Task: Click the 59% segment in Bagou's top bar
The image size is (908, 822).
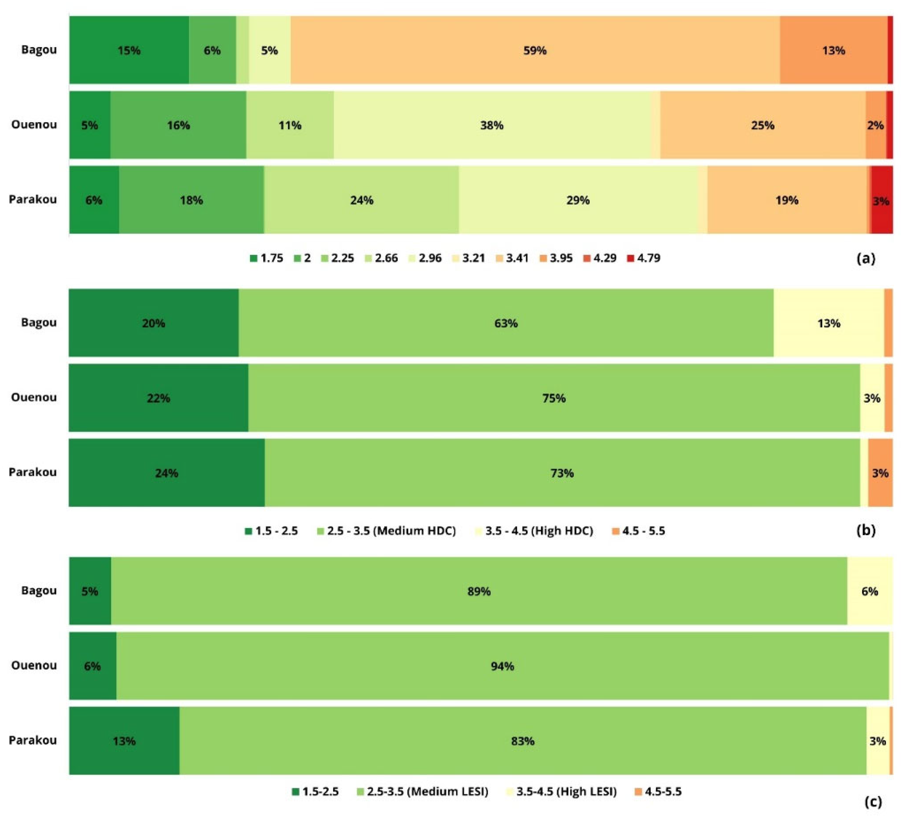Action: [535, 50]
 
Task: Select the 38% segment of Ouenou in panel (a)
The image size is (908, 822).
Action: [492, 125]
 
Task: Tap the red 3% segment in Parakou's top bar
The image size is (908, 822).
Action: [881, 200]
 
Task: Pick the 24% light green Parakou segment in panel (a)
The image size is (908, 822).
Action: [361, 200]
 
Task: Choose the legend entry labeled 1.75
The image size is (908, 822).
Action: [267, 258]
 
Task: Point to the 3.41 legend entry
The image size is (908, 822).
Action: [512, 258]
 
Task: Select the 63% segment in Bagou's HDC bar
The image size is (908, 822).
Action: [506, 323]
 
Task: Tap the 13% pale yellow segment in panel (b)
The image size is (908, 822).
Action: [829, 323]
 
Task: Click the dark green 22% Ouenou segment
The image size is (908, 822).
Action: [158, 398]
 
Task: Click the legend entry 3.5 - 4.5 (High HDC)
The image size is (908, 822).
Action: [534, 531]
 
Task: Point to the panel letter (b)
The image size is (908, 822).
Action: [866, 530]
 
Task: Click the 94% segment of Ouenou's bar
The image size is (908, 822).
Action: [502, 666]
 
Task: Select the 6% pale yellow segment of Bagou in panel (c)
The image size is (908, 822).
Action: [869, 591]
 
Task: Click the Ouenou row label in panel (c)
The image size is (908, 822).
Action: [34, 665]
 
